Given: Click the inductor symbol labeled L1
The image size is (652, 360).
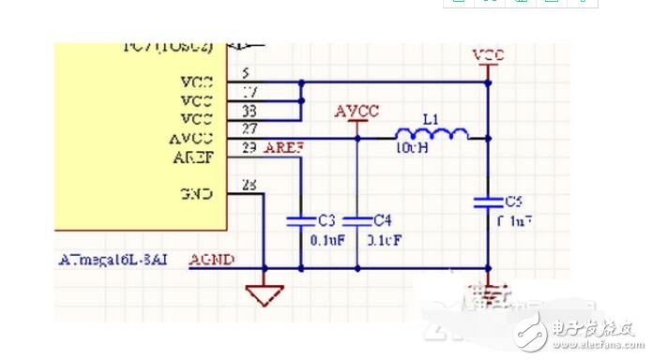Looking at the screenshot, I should (430, 133).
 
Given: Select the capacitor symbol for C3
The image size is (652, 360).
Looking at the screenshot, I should (299, 220).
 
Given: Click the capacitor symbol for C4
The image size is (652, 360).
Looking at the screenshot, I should (357, 220).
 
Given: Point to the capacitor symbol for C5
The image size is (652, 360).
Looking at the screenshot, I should (487, 201).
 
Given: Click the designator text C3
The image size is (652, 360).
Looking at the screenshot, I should (326, 220).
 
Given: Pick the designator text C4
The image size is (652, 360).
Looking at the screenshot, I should (382, 220).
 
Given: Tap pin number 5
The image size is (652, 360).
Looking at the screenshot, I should (246, 73).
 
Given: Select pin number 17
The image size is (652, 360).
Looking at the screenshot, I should (249, 92).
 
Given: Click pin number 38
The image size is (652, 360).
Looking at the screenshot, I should (249, 111).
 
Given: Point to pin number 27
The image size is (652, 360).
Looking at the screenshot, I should (249, 130).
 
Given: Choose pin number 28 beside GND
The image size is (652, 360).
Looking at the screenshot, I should (249, 186).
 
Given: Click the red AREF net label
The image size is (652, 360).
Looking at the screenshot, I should (282, 149).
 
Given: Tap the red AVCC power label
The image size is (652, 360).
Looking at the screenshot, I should (356, 112).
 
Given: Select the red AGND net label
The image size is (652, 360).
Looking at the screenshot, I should (212, 260).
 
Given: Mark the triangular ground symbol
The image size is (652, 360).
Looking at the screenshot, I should (265, 296).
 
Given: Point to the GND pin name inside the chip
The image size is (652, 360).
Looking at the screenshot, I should (197, 194).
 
